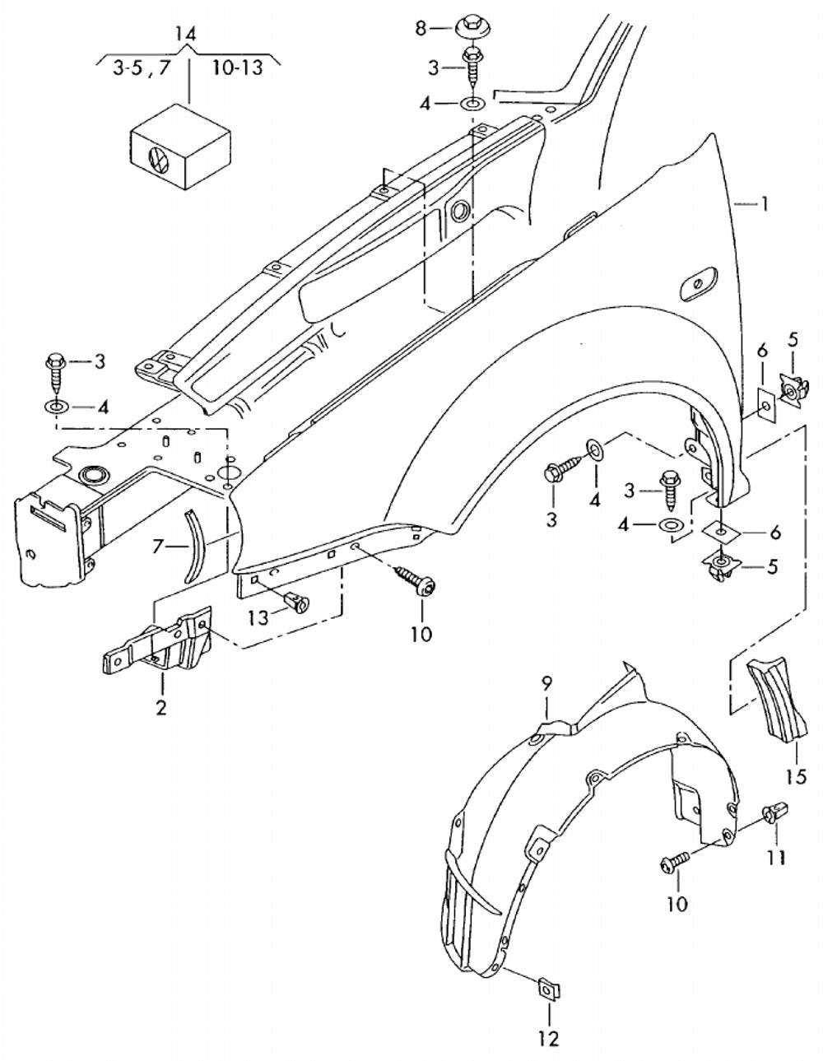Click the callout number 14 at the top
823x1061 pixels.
pos(186,35)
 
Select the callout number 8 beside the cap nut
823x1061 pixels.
pos(421,28)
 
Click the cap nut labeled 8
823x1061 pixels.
pos(471,27)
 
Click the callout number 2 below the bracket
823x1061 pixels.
pos(161,706)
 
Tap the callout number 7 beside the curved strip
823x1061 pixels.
pos(156,547)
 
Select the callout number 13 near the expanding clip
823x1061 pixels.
pos(258,618)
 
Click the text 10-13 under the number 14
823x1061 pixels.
pos(237,67)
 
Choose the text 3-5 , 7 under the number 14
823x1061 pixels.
pos(142,68)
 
